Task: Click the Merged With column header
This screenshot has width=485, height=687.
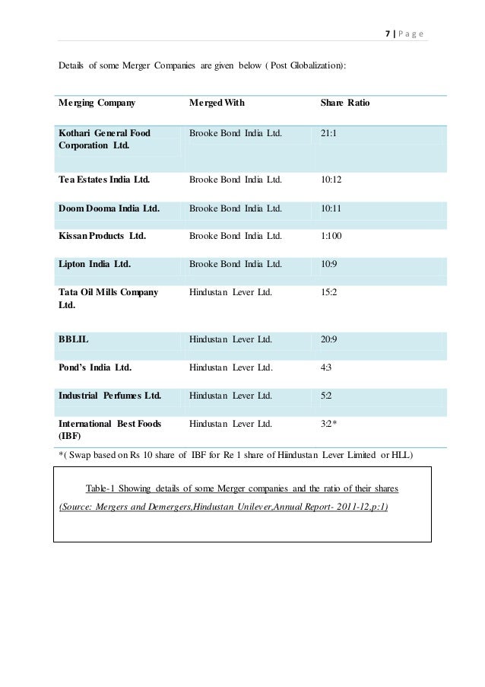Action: coord(217,102)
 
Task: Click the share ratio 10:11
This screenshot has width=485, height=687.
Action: coord(332,207)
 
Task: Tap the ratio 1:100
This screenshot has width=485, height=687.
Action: coord(332,235)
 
